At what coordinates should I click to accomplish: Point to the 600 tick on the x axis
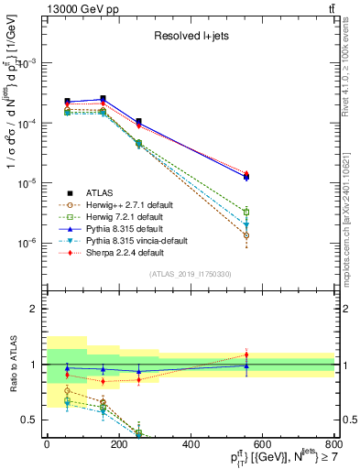[x=263, y=444]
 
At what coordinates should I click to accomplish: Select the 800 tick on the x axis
[x=334, y=444]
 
